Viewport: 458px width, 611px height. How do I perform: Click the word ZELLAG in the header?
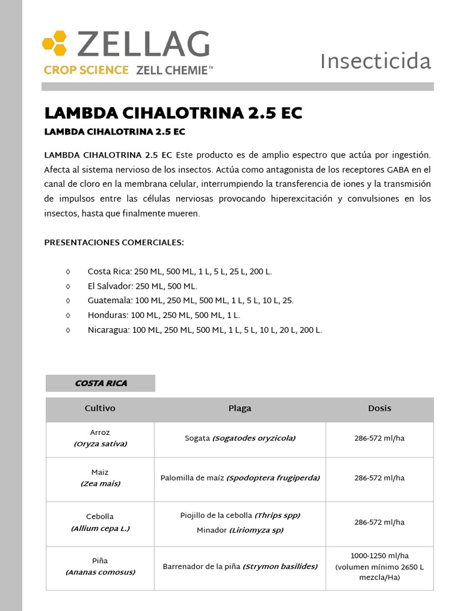click(x=143, y=45)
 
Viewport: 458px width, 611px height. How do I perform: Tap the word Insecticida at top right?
click(x=375, y=61)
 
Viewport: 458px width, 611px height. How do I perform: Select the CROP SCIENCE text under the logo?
click(x=86, y=70)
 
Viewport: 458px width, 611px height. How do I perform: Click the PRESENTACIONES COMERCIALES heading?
click(x=114, y=243)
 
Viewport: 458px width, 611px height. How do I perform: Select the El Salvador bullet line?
click(x=142, y=286)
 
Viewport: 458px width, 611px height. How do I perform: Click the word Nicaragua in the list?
click(x=108, y=330)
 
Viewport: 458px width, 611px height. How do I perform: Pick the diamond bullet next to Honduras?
click(x=68, y=315)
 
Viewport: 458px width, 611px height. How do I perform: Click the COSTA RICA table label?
click(x=101, y=383)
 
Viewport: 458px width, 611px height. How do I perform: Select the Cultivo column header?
click(x=100, y=409)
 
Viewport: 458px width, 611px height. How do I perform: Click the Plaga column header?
click(x=240, y=409)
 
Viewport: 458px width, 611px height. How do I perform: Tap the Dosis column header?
click(x=379, y=409)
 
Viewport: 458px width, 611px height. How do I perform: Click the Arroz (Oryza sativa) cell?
click(x=100, y=439)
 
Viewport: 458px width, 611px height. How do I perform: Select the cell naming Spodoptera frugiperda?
click(x=240, y=478)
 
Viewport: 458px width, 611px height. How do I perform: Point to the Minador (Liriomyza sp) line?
click(x=240, y=530)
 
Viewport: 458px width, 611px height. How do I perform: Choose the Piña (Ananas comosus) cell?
click(x=100, y=567)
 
